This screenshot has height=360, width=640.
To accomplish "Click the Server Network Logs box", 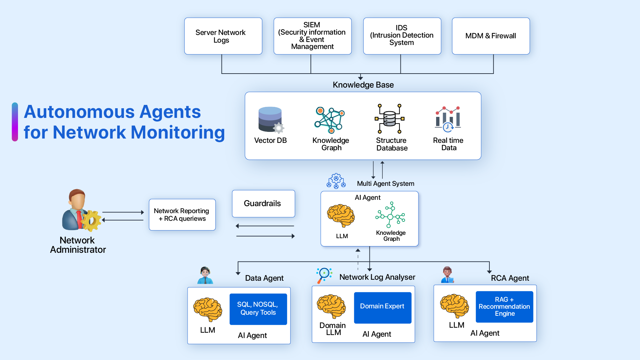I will coord(223,36).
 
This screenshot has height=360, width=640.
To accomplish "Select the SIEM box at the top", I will coord(312,36).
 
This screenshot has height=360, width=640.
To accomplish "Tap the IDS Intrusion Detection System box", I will coord(402,36).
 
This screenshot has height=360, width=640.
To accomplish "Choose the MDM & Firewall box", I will coord(490,36).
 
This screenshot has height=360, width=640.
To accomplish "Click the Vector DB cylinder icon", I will coord(270,119).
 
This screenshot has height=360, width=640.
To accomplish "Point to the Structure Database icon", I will coord(389,119).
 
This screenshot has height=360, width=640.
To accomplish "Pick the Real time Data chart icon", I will coord(448,119).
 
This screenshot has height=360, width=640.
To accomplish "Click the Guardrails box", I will coord(263,203).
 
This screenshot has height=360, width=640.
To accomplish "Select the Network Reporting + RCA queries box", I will coord(182,215).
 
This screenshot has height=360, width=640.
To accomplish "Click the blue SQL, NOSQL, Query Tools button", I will coord(258,309).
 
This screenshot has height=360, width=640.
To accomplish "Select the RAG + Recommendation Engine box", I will coord(504,307).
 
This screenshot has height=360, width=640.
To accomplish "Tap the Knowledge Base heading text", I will coord(363,85).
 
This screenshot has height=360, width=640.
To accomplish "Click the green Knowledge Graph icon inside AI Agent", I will coord(390,215).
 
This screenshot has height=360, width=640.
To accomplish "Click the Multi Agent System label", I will coord(385,183).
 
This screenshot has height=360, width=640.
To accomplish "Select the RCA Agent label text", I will coord(510,278).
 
